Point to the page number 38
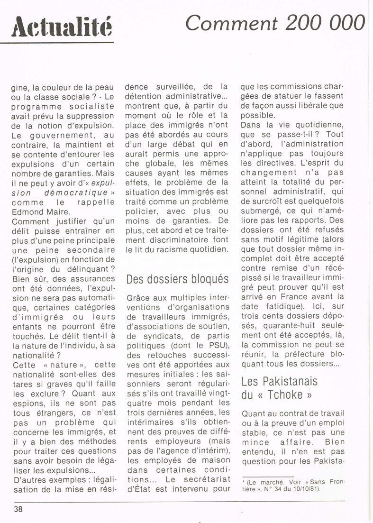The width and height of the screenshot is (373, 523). click(x=18, y=509)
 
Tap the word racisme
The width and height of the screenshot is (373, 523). click(x=176, y=250)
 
